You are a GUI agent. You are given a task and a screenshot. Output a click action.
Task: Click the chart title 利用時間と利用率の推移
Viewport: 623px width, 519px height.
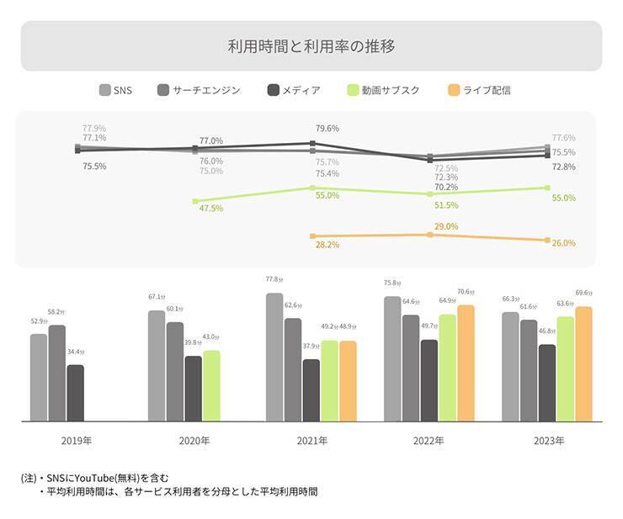311,45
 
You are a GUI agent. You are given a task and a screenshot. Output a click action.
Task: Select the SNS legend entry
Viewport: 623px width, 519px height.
116,90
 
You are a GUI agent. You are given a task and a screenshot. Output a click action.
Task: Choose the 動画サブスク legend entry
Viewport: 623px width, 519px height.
383,90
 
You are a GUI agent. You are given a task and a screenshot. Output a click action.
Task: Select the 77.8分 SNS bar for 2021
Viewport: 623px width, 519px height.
274,357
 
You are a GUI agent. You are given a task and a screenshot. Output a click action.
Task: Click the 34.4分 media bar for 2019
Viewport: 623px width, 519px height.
76,393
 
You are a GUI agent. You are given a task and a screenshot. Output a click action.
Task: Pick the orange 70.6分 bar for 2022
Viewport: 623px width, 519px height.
466,363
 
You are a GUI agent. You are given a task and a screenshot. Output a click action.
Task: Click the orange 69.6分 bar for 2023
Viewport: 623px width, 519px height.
583,363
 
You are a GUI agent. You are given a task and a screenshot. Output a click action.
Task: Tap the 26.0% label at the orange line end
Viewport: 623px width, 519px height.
563,243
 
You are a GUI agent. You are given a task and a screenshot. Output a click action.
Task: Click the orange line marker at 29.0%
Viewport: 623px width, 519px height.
430,235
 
